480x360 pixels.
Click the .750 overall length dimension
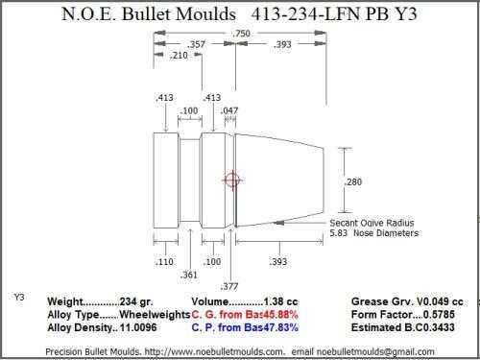[241, 34]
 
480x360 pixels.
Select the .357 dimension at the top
[196, 44]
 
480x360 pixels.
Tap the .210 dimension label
[179, 56]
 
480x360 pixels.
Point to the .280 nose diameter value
[353, 182]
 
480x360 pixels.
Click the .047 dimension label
[229, 110]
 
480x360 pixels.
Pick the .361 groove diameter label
[188, 275]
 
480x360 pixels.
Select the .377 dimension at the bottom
[229, 286]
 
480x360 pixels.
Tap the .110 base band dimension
[164, 262]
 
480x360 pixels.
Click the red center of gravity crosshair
[232, 180]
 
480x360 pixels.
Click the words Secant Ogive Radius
[372, 223]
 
